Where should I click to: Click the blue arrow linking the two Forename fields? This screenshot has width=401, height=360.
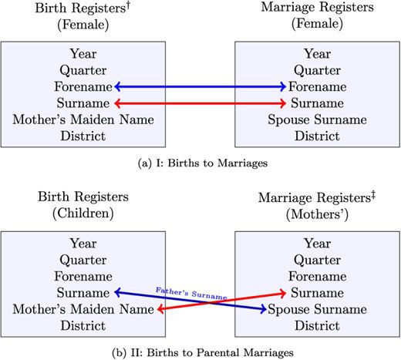click(x=200, y=86)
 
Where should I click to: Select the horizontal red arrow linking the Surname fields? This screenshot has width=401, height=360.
click(x=200, y=103)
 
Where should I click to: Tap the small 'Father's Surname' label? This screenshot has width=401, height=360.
click(x=191, y=294)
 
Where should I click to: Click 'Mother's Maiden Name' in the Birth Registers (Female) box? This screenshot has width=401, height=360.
click(x=83, y=119)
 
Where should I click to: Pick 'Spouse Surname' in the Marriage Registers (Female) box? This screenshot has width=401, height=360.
click(x=317, y=119)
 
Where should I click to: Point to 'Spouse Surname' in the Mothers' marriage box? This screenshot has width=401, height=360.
click(x=317, y=309)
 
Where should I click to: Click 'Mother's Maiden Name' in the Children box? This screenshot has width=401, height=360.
click(x=83, y=309)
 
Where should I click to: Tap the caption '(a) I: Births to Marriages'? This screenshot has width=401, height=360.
click(x=203, y=163)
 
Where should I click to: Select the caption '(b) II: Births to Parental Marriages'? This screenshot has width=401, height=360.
click(x=203, y=353)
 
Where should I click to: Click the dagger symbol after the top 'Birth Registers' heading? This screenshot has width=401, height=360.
click(x=128, y=5)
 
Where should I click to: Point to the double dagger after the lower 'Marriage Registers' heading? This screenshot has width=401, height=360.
click(x=373, y=195)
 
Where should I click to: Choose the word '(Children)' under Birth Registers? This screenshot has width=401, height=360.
click(x=83, y=214)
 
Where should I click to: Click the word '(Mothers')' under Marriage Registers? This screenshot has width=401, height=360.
click(x=317, y=214)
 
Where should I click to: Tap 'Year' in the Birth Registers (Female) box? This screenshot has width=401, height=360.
click(x=83, y=54)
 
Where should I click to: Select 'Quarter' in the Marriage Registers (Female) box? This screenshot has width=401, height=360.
click(x=317, y=70)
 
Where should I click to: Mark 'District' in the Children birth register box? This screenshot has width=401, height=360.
click(x=83, y=325)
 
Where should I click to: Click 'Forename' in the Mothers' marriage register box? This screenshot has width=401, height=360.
click(x=317, y=277)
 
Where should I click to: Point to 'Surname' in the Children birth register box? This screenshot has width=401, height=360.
click(x=83, y=293)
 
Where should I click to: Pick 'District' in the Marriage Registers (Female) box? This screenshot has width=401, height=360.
click(x=317, y=136)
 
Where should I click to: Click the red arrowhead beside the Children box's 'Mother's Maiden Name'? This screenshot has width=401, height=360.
click(x=160, y=309)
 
